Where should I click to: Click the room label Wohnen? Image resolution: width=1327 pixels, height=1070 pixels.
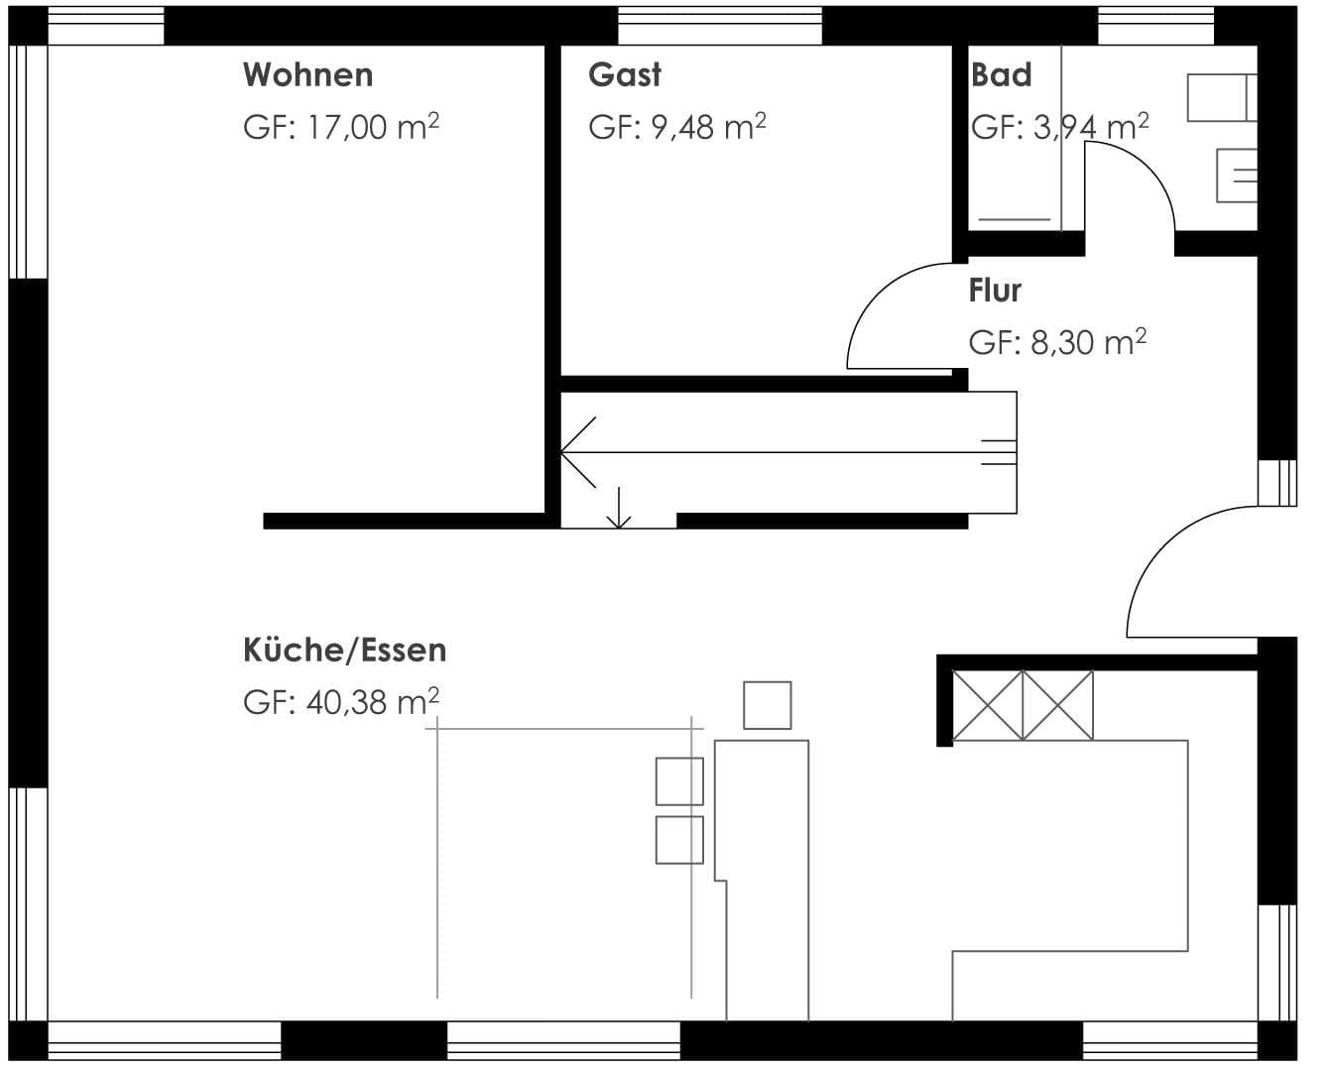tap(308, 75)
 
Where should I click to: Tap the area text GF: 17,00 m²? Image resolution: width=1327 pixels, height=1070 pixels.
tap(341, 127)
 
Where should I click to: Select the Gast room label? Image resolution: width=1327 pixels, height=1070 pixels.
tap(625, 75)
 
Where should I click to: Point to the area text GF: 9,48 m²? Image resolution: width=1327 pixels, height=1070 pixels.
tap(677, 127)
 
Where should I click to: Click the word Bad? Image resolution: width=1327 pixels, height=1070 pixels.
tap(1002, 75)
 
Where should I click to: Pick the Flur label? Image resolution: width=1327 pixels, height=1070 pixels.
tap(995, 291)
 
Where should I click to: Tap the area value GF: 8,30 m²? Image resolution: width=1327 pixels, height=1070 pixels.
tap(1057, 342)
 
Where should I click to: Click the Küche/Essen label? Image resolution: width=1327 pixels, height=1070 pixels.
tap(345, 650)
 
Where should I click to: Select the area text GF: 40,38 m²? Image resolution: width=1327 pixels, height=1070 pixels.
tap(341, 702)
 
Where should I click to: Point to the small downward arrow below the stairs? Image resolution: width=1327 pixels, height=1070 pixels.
tap(618, 507)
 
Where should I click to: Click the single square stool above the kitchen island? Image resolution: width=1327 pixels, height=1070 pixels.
tap(767, 705)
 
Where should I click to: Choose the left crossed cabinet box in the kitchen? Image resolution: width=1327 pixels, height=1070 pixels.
tap(987, 705)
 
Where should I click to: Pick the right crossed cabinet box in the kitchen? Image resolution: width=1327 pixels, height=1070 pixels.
tap(1058, 705)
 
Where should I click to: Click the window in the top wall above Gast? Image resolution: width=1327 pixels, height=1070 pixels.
tap(720, 26)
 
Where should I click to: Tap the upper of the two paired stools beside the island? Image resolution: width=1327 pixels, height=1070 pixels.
tap(679, 781)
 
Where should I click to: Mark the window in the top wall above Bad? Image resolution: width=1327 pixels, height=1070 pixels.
tap(1156, 26)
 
